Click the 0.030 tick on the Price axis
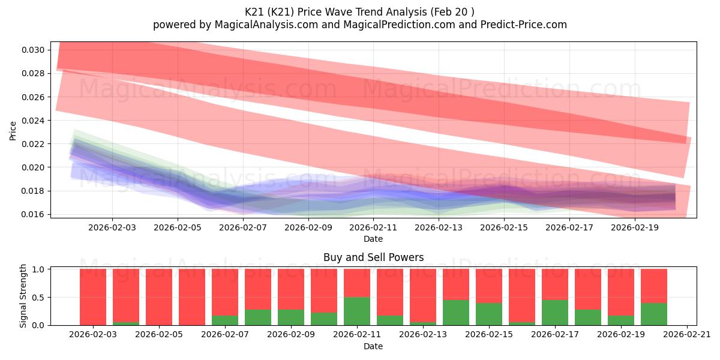click(x=34, y=50)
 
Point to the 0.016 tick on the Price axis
click(x=34, y=214)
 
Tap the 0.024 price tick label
click(x=34, y=121)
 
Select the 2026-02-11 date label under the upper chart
click(x=373, y=228)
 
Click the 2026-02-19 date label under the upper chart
click(x=635, y=228)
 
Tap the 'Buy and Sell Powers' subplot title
click(x=373, y=257)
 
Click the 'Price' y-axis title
click(x=13, y=130)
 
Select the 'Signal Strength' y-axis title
click(x=23, y=296)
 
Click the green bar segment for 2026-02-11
click(x=356, y=311)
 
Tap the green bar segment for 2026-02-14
click(x=455, y=313)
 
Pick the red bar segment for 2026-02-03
click(x=93, y=297)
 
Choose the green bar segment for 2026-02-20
click(x=653, y=314)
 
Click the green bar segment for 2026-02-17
click(x=554, y=313)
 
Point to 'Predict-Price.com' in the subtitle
click(x=520, y=25)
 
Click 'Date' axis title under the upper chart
click(x=373, y=239)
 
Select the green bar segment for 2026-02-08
click(x=257, y=317)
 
